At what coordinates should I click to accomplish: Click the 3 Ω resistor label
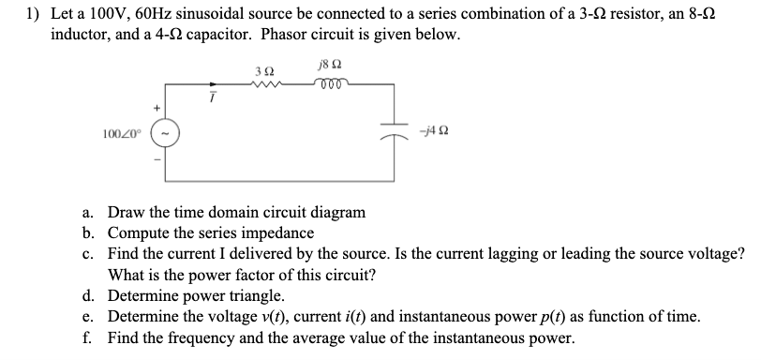263,71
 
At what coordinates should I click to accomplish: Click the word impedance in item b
281,233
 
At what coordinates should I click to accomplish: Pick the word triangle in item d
252,297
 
